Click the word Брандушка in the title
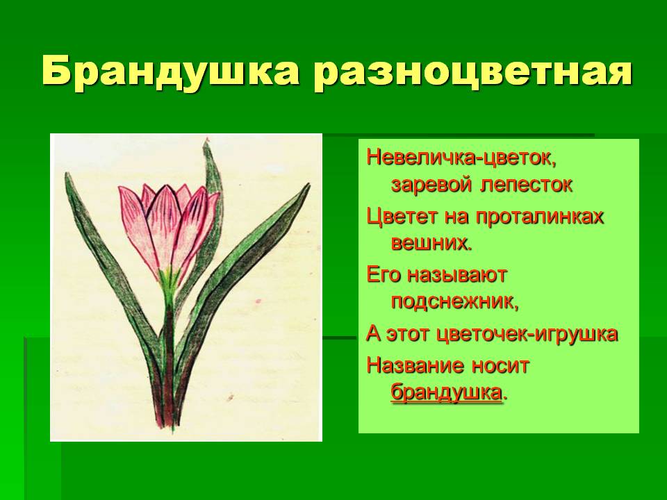pos(170,72)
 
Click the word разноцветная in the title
pos(473,72)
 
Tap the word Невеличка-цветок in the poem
pos(461,158)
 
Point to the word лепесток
pos(527,185)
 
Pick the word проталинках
pos(540,217)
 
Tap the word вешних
pos(431,244)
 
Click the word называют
pos(457,276)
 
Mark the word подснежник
pos(454,302)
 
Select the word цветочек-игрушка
pos(527,334)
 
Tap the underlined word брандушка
pos(446,392)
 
